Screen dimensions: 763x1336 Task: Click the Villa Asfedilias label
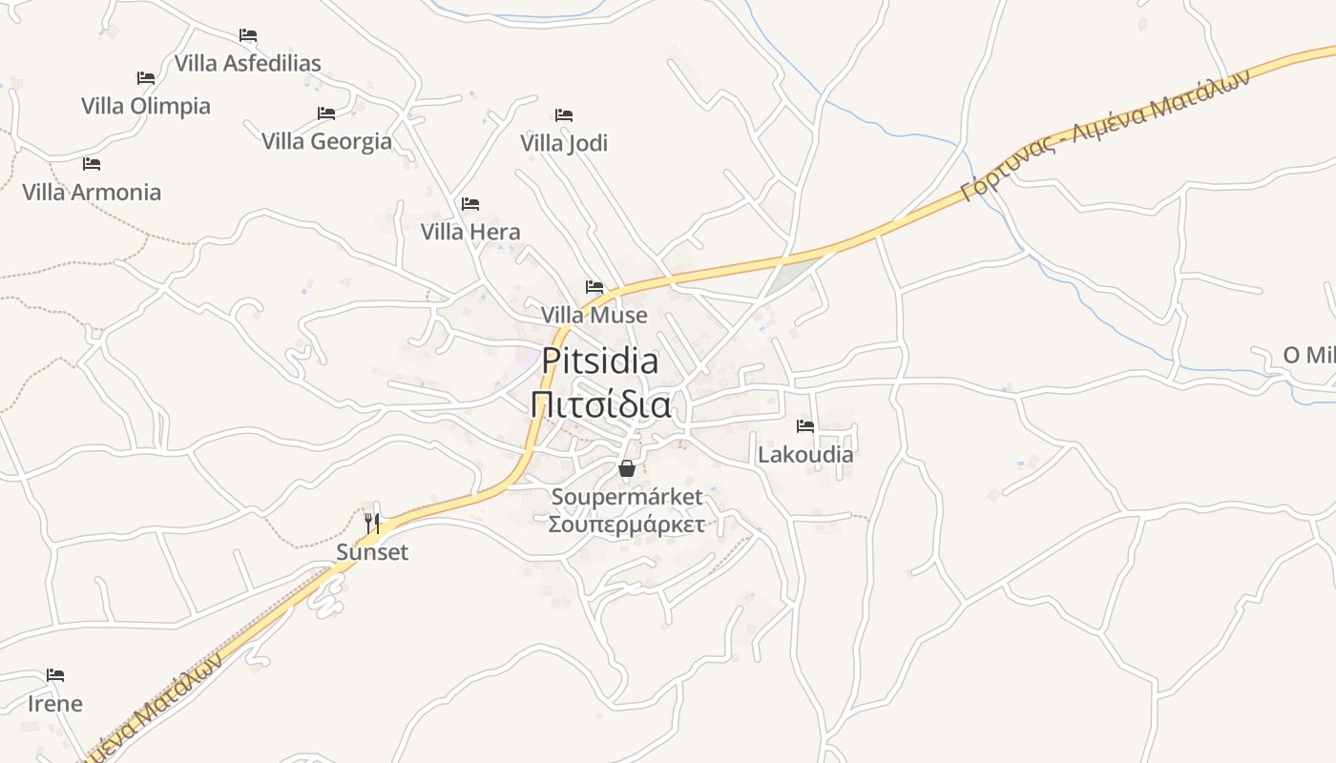tap(247, 64)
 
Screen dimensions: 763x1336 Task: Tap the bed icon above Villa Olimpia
tap(146, 78)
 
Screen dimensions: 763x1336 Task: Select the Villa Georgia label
tap(326, 141)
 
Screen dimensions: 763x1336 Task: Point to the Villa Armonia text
tap(92, 192)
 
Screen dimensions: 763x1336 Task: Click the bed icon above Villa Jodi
tap(564, 115)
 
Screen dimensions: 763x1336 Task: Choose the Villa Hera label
tap(470, 232)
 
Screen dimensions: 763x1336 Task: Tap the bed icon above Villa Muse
tap(595, 287)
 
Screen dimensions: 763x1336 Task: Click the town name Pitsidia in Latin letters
tap(599, 361)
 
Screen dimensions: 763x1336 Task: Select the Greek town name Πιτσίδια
tap(599, 404)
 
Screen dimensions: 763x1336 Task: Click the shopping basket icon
tap(627, 468)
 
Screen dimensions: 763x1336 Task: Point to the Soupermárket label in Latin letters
tap(627, 497)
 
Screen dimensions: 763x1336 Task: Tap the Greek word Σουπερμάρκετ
tap(627, 525)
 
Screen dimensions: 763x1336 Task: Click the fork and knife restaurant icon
tap(372, 523)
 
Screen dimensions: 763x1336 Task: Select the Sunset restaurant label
tap(372, 552)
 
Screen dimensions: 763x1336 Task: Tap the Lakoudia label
tap(805, 454)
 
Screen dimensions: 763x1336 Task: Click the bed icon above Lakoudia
tap(805, 426)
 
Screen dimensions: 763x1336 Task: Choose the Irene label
tap(55, 704)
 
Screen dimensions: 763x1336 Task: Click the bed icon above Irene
tap(55, 675)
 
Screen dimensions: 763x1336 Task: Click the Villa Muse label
tap(594, 315)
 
